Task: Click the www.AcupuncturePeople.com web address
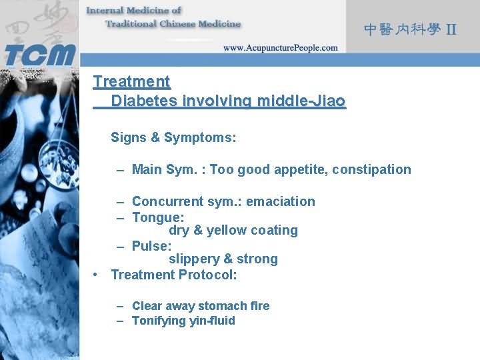coord(280,48)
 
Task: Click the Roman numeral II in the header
coord(451,29)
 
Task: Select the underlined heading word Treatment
coord(131,82)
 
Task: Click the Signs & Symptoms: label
coord(173,137)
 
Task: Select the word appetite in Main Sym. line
coord(299,169)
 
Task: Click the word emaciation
coord(280,201)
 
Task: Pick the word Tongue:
coord(158,217)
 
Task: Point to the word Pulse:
coord(151,246)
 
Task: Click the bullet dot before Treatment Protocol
coord(97,275)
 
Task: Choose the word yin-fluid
coord(212,321)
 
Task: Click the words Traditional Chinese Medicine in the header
coord(173,23)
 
